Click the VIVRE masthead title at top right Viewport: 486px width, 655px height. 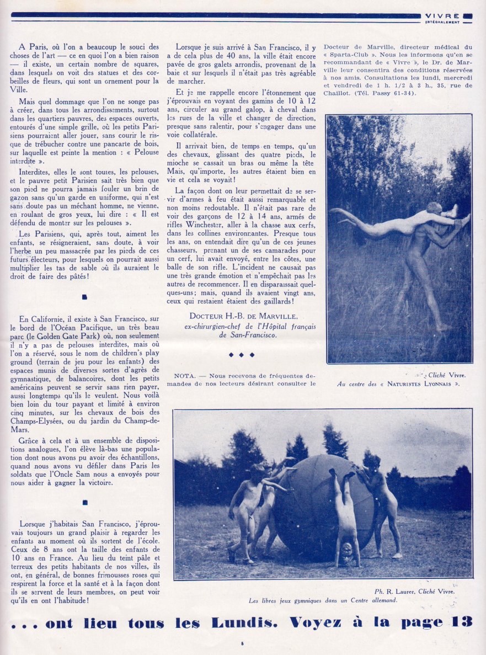pyautogui.click(x=444, y=16)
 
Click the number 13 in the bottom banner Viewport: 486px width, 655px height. pyautogui.click(x=460, y=622)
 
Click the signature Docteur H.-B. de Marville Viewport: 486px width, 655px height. pyautogui.click(x=243, y=316)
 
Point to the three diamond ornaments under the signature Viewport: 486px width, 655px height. pyautogui.click(x=243, y=355)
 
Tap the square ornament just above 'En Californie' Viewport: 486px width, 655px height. pyautogui.click(x=84, y=297)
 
